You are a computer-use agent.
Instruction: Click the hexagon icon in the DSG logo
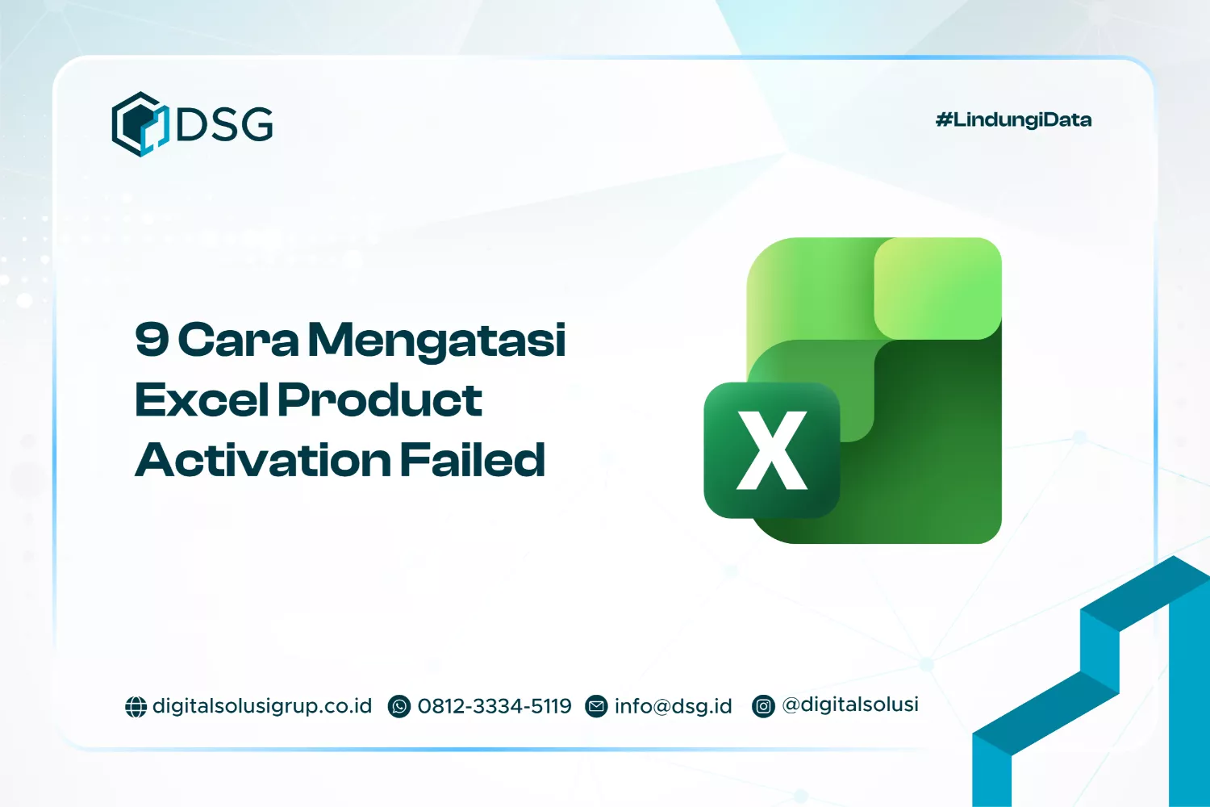[140, 124]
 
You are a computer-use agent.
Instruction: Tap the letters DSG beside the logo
[225, 124]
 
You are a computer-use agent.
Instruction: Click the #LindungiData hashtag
[1013, 120]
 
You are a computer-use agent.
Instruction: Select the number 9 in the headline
[152, 339]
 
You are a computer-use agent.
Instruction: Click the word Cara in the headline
[238, 340]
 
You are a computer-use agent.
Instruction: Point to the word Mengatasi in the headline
[437, 341]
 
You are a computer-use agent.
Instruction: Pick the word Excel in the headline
[202, 399]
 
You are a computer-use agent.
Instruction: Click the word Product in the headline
[380, 399]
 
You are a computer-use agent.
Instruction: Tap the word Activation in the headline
[263, 460]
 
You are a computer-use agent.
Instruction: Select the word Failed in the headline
[473, 459]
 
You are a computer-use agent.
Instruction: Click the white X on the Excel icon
[772, 450]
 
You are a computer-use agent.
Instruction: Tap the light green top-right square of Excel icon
[937, 288]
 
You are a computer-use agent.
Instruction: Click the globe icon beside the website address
[136, 707]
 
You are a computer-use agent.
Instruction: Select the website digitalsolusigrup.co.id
[262, 706]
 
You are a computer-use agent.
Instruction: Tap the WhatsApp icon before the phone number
[399, 707]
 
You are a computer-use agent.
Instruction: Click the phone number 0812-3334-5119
[494, 706]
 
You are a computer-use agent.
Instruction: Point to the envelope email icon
[596, 707]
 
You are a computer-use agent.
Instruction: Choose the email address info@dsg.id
[674, 706]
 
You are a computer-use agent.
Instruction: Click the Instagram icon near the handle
[763, 707]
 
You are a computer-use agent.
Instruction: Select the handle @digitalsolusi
[850, 705]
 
